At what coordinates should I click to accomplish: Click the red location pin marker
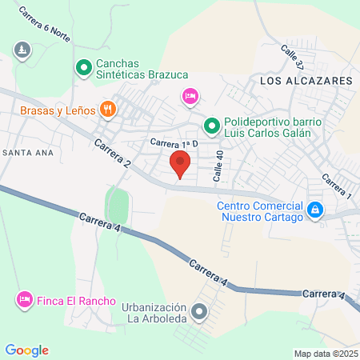(180, 166)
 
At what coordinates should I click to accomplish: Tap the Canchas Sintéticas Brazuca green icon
(83, 69)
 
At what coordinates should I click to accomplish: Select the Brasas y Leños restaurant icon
(107, 109)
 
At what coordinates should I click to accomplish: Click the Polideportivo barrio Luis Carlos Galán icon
(211, 125)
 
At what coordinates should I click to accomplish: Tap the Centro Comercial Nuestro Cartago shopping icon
(315, 210)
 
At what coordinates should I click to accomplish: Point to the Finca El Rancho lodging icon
(24, 300)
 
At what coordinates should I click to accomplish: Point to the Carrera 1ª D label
(173, 143)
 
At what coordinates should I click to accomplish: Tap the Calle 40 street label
(217, 166)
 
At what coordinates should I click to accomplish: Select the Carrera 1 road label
(337, 186)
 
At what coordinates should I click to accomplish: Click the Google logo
(27, 350)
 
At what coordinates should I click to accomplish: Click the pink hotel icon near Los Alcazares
(190, 96)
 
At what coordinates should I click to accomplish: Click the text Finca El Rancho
(75, 300)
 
